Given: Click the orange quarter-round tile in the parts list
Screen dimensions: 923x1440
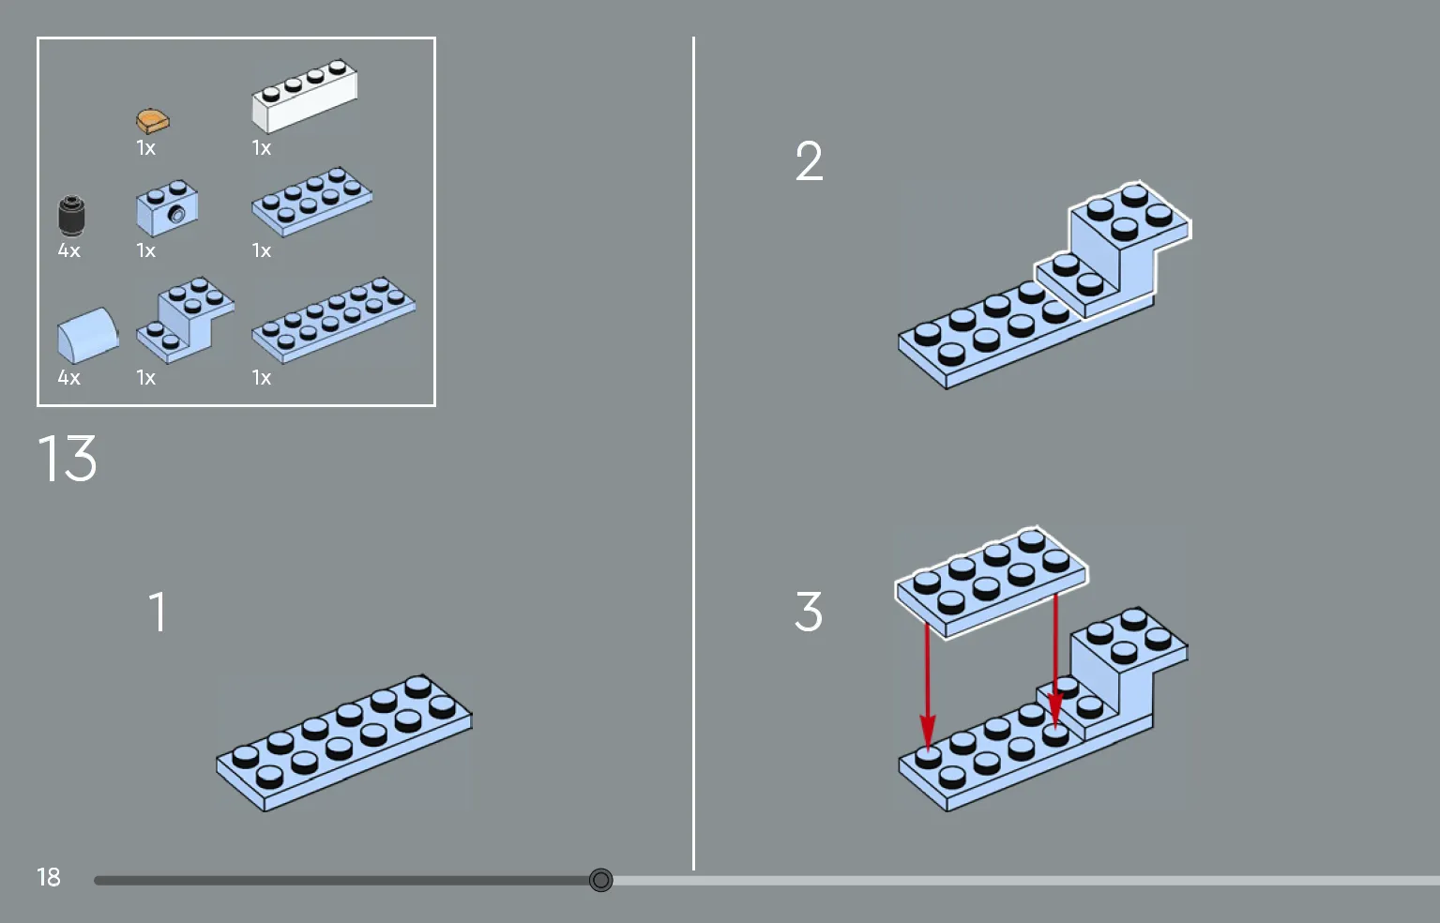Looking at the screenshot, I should (x=152, y=121).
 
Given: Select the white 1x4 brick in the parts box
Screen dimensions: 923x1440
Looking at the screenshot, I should (x=303, y=97).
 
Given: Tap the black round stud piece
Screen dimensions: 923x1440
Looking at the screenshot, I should (x=71, y=216).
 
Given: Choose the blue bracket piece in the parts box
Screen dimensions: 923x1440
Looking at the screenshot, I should (x=185, y=319).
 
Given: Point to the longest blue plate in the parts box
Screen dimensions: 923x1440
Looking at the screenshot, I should (x=333, y=318).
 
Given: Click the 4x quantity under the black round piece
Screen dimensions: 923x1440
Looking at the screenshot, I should (x=68, y=250).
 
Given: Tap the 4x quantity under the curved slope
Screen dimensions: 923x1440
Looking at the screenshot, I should (x=68, y=377).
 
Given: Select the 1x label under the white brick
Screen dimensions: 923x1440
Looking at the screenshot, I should (x=261, y=148).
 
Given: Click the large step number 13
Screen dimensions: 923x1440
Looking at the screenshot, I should (x=68, y=459).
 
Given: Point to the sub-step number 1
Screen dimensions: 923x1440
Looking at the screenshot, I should (x=158, y=612).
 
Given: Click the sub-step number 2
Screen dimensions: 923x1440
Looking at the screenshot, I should (x=809, y=161).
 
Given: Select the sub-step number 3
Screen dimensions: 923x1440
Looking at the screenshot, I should (x=808, y=612).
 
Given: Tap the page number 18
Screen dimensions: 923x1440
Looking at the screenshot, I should (x=48, y=877).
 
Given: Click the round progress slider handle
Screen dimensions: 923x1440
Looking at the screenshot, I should (x=600, y=880).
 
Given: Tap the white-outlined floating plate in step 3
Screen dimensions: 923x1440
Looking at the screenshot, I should (x=991, y=582).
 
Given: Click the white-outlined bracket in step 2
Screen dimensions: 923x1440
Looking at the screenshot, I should (x=1116, y=249).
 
